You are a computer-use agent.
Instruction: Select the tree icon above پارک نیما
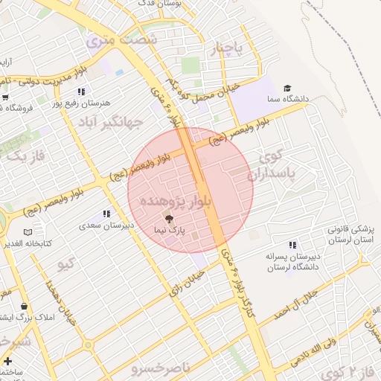[x=168, y=218]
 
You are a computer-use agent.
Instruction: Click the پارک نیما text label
[x=169, y=231]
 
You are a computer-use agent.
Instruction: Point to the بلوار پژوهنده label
[x=192, y=201]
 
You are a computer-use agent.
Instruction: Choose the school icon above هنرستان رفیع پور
[x=81, y=91]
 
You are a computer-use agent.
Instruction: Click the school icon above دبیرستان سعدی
[x=107, y=214]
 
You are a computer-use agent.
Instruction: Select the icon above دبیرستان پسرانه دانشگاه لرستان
[x=292, y=245]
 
